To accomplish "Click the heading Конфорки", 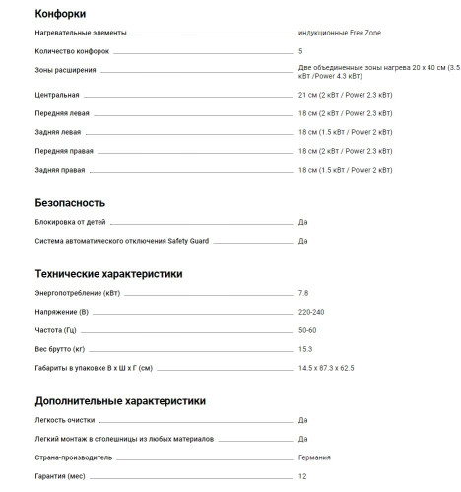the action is (x=59, y=14).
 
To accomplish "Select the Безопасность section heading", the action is (x=70, y=202).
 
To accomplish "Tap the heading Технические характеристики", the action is (x=108, y=273).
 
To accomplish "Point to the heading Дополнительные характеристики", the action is (x=120, y=401).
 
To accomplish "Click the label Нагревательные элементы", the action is (x=80, y=33).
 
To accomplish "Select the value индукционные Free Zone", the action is (x=339, y=33).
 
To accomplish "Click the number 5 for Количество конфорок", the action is (x=300, y=50).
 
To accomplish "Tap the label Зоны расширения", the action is (x=65, y=71).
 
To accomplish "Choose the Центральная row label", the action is (x=57, y=95).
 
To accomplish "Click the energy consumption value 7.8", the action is (x=303, y=293).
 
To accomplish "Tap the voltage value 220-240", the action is (x=311, y=312).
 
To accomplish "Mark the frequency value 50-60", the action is (x=307, y=330).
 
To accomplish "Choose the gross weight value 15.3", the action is (x=305, y=349).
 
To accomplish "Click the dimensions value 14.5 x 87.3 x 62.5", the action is (x=326, y=368).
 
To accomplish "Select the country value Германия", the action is (x=314, y=457).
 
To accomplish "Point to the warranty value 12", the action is (x=302, y=476).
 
